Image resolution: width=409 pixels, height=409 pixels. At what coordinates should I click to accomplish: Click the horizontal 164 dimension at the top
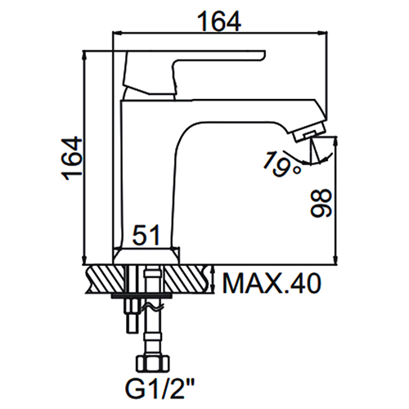tap(219, 21)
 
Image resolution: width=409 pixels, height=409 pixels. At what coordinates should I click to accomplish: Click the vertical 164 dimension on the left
tap(72, 159)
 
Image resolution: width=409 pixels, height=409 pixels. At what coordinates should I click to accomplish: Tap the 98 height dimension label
tap(321, 204)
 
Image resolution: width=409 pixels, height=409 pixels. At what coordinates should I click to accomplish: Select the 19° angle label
tap(281, 164)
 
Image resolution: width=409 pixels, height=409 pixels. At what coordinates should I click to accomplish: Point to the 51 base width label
tap(146, 235)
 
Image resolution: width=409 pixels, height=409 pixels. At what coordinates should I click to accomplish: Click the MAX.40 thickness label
tap(272, 284)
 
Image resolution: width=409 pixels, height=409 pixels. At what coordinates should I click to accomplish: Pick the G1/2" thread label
tap(160, 389)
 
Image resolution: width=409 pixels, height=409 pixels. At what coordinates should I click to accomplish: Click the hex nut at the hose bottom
tap(153, 363)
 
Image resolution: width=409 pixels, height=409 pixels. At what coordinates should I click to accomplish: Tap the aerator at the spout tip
tap(309, 133)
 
